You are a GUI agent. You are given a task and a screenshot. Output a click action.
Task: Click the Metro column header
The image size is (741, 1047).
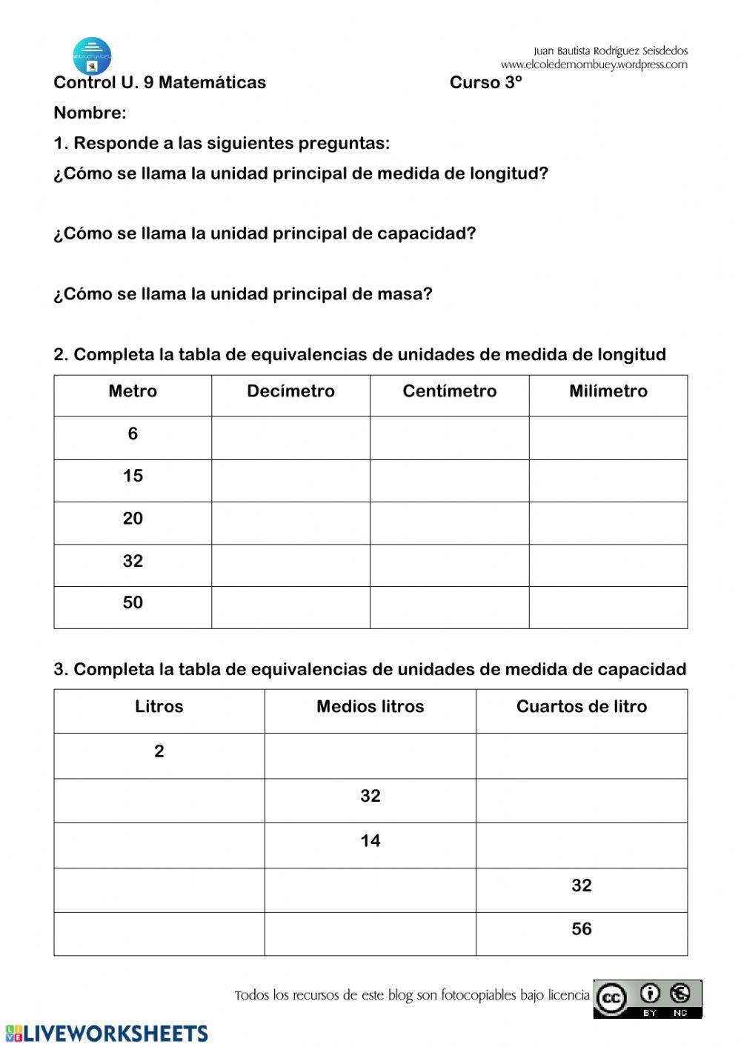pos(133,391)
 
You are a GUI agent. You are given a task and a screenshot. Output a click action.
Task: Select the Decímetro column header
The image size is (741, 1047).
pos(290,391)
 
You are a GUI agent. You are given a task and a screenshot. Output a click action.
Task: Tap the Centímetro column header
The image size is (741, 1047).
pos(449,391)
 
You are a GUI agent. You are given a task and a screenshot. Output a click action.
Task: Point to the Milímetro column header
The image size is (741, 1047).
pos(608,391)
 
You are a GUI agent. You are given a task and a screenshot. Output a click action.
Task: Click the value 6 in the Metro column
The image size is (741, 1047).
pos(133,434)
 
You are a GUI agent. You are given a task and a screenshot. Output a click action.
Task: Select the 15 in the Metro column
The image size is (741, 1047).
pos(133,476)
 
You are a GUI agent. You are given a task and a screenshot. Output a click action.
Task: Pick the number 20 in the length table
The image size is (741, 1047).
pos(133,519)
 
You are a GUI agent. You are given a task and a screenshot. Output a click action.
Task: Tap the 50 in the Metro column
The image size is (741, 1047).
pos(133,603)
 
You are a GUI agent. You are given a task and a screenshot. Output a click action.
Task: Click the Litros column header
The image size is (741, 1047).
pos(159,707)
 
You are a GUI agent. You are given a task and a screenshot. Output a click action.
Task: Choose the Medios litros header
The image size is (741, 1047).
pos(370,707)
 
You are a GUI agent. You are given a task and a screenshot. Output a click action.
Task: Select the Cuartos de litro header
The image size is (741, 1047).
pos(581,707)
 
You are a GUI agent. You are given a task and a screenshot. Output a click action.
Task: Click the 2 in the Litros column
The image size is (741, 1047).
pos(159,751)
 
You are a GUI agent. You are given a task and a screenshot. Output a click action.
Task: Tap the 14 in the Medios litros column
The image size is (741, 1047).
pos(370,841)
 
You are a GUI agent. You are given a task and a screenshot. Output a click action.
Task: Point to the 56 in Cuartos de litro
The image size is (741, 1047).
pos(581,929)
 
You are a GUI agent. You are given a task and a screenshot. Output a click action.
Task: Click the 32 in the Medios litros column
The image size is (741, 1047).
pos(370,797)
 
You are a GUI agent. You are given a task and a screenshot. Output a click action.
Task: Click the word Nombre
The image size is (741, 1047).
pos(90,113)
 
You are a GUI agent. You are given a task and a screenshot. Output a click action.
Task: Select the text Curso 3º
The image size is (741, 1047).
pos(485,83)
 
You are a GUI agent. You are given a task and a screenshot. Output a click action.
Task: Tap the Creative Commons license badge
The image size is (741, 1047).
pos(647,1000)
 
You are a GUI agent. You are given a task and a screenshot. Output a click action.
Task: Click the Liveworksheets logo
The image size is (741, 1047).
pos(107,1034)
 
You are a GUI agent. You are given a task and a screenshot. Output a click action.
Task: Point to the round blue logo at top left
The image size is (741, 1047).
pos(92,56)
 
